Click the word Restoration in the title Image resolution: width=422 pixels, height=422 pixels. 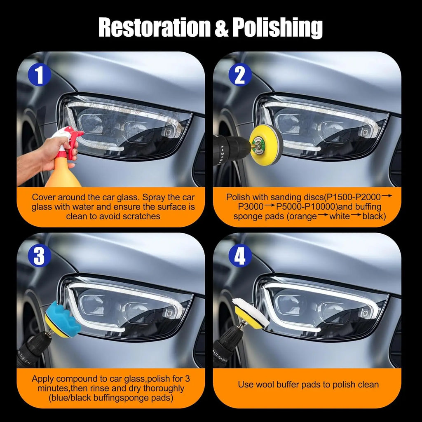[x=154, y=27]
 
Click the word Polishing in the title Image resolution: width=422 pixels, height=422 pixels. [x=277, y=28]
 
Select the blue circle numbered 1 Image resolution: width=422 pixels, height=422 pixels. [x=40, y=74]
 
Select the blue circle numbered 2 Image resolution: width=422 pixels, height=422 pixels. [x=240, y=74]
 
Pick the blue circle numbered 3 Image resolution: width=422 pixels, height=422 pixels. [x=40, y=256]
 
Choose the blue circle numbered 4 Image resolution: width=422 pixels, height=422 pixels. [x=240, y=256]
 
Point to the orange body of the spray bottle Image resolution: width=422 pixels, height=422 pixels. [x=63, y=173]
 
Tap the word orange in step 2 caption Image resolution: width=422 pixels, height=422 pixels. [x=302, y=217]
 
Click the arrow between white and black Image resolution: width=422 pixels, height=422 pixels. [x=356, y=215]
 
